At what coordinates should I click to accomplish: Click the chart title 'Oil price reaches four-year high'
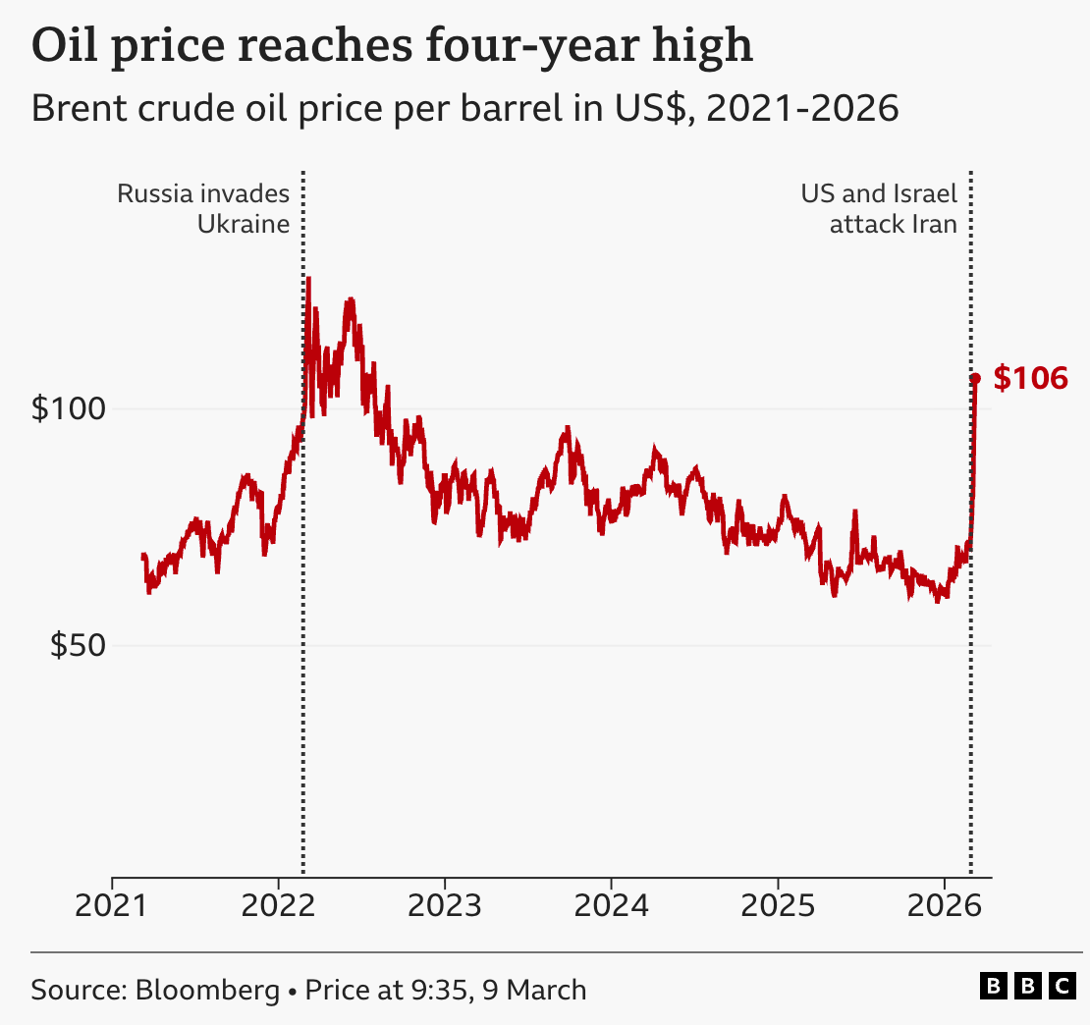point(392,46)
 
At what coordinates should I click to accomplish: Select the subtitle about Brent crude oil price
point(464,108)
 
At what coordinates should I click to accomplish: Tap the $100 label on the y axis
point(67,408)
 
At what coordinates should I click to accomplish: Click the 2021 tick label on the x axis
point(112,905)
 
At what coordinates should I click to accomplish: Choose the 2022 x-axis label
point(278,905)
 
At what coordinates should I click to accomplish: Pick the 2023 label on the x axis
point(445,905)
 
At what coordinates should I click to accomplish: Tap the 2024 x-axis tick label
point(611,905)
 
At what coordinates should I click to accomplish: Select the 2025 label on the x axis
point(778,905)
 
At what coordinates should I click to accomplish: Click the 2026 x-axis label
point(944,905)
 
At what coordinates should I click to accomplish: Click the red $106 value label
point(1030,378)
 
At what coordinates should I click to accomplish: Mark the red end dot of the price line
point(975,378)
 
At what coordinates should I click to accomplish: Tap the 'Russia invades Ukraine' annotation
point(203,208)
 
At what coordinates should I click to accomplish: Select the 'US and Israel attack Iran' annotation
point(879,208)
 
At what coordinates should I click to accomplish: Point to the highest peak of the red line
point(308,279)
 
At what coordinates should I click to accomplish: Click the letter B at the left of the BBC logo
point(994,986)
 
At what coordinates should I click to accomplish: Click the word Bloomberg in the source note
point(207,989)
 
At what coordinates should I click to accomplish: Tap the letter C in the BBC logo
point(1061,986)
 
